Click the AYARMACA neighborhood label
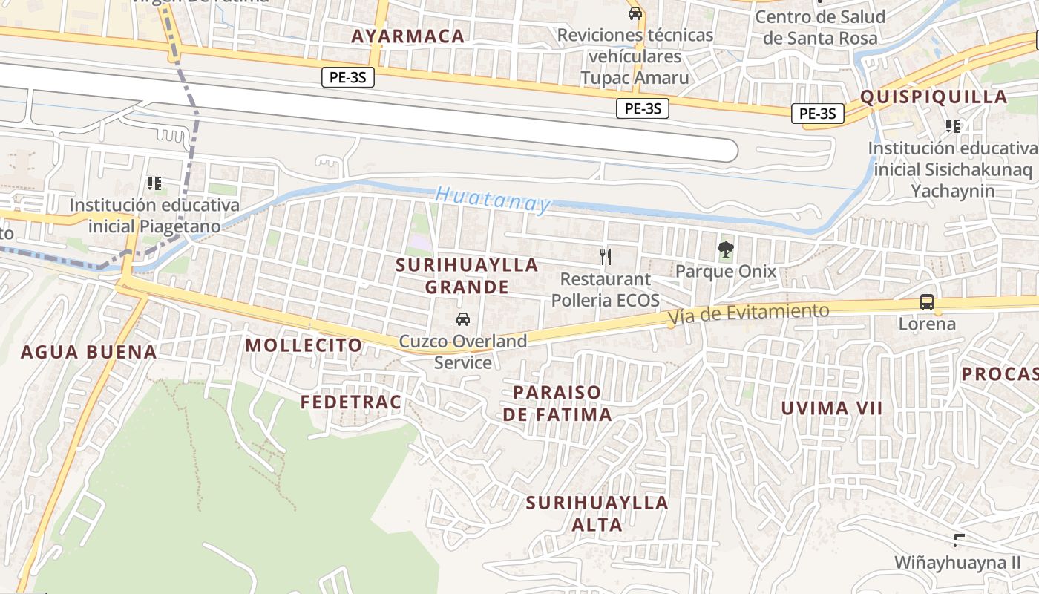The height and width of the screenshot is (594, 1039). pos(407,36)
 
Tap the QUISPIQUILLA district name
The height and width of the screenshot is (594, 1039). pos(934,97)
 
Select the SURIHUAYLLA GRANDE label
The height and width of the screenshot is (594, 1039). pos(467,275)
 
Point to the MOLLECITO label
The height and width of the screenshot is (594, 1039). pos(304,345)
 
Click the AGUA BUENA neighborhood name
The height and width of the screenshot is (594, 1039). pos(88,352)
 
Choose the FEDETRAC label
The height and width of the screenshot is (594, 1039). pos(350,402)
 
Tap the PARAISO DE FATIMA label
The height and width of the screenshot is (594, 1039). pos(557,402)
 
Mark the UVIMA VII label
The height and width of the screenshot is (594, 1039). pos(831,408)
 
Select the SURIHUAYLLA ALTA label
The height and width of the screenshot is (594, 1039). pos(597,513)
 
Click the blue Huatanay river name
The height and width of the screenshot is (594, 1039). pos(494,200)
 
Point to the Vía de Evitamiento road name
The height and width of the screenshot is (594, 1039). pos(748,314)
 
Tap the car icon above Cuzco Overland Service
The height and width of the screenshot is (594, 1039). pos(463,319)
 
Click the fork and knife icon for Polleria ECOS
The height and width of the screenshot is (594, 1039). pos(606,257)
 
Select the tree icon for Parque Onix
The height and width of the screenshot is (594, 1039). pos(725,249)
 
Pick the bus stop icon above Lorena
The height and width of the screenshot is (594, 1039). pos(927,302)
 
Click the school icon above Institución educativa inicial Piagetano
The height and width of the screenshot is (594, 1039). pos(154,183)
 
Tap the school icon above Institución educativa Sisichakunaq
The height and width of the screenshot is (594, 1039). pos(953,126)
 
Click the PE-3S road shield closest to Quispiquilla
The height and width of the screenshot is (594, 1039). pos(817,114)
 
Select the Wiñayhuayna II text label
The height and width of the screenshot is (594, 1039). pos(957,562)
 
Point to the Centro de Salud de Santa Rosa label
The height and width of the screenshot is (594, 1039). pos(820,27)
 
